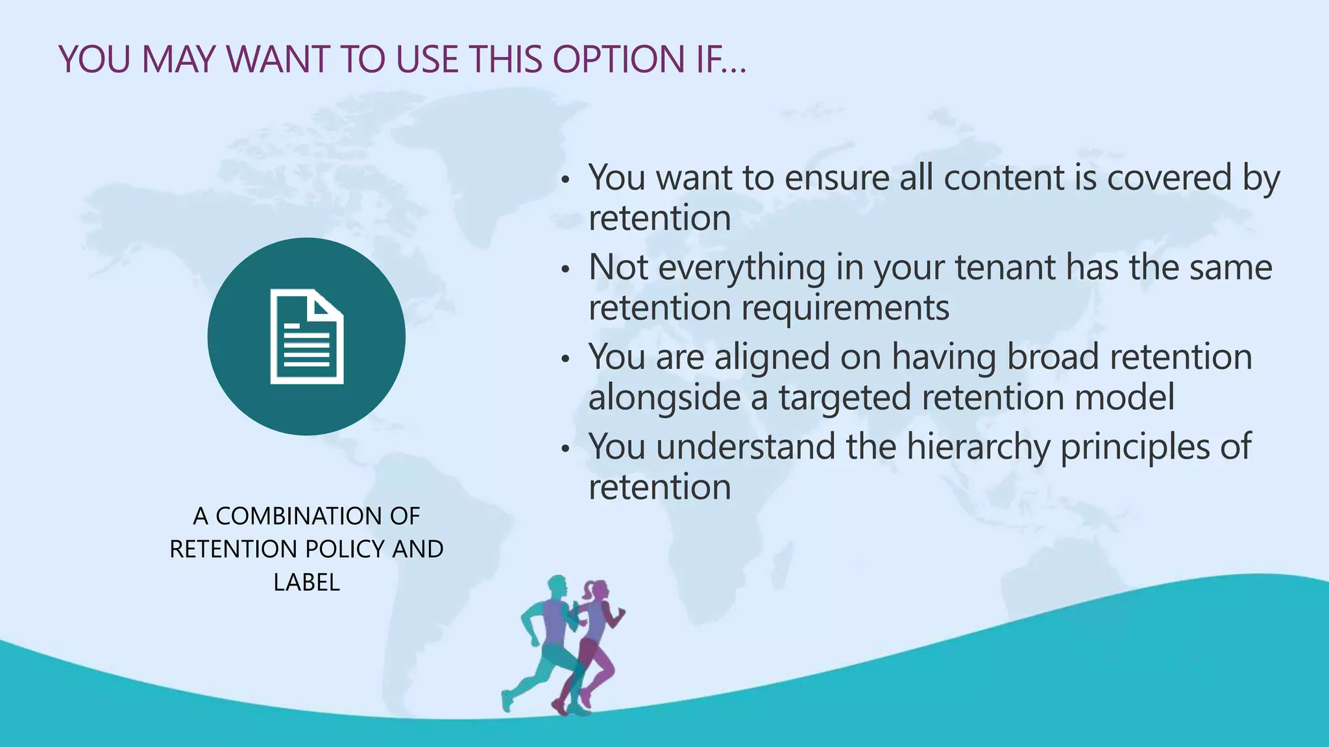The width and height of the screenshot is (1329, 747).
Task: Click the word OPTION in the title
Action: click(619, 60)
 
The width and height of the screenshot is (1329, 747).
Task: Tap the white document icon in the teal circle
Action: click(307, 337)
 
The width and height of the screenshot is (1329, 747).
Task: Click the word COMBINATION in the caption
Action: click(299, 516)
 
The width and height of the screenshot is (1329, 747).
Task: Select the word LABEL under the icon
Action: click(306, 582)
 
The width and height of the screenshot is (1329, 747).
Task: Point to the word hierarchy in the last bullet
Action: click(978, 447)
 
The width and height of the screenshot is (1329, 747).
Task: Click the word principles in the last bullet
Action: click(1135, 447)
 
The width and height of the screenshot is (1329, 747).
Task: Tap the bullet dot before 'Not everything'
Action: click(566, 268)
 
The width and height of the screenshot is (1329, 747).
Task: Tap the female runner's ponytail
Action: click(588, 591)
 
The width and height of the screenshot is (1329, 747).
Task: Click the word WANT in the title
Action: click(278, 60)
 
